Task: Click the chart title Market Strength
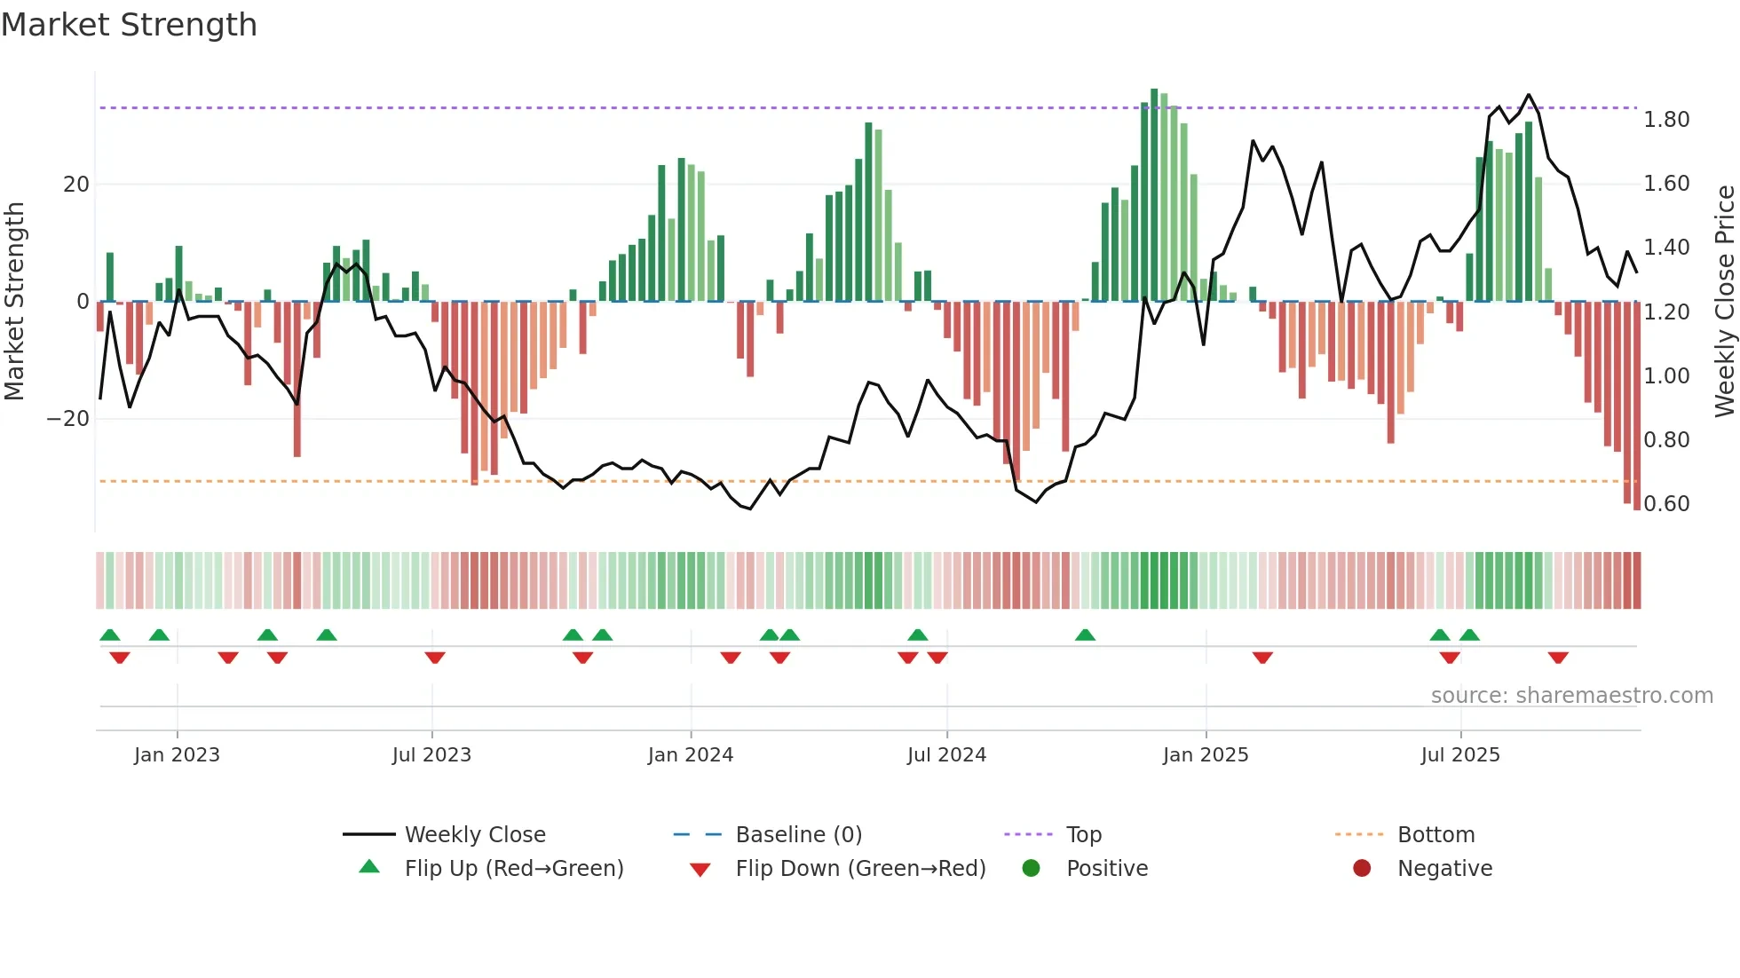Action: [x=130, y=25]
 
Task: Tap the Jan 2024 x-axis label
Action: [x=691, y=755]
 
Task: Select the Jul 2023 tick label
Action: [x=431, y=755]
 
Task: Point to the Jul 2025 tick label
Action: [x=1460, y=755]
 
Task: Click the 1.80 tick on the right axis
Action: [x=1666, y=120]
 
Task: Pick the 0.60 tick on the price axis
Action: [x=1666, y=504]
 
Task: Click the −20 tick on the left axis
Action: [x=68, y=419]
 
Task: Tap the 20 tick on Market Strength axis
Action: [x=76, y=185]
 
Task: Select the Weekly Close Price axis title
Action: [x=1724, y=302]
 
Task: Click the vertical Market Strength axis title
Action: [x=15, y=302]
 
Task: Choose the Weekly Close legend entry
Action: [x=475, y=835]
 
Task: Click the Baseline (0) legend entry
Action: [x=798, y=835]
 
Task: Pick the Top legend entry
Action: [x=1083, y=835]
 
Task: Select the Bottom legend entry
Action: [x=1435, y=835]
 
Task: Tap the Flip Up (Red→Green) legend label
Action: [x=514, y=869]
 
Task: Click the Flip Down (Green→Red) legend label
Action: [x=860, y=869]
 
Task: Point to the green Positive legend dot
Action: [x=1031, y=868]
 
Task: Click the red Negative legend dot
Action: [x=1362, y=868]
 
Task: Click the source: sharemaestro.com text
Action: [x=1571, y=696]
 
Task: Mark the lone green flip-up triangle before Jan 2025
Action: [x=1085, y=635]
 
